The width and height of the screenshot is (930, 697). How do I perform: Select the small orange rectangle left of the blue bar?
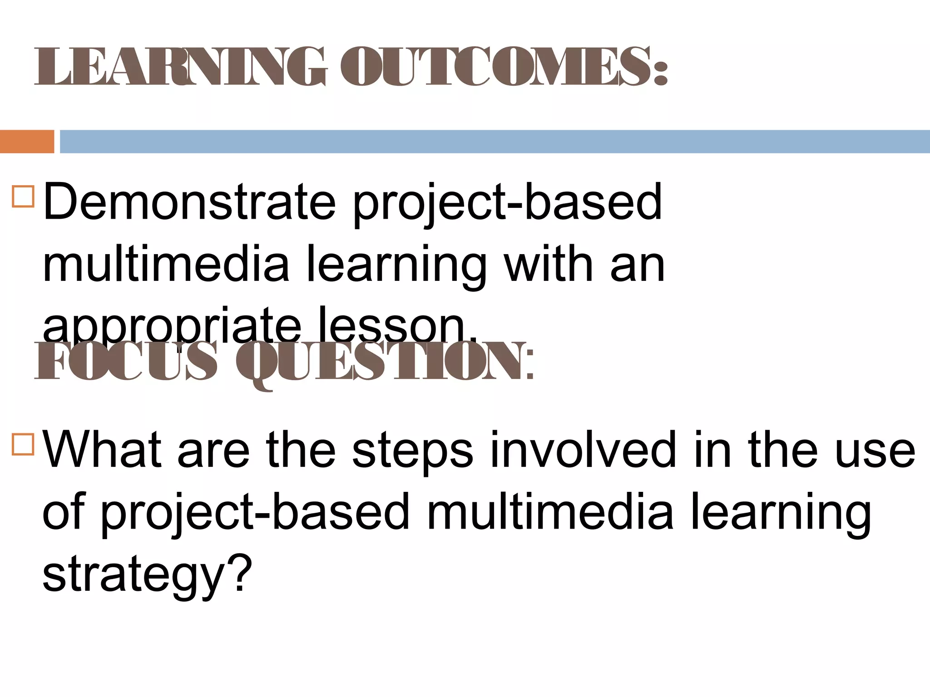(x=27, y=142)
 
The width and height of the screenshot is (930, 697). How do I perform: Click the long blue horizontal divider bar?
(x=495, y=142)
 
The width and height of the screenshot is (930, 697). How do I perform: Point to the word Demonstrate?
(x=189, y=201)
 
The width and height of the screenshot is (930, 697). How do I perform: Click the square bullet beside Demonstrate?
(x=23, y=196)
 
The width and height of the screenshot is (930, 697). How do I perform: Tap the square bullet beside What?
(x=23, y=444)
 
